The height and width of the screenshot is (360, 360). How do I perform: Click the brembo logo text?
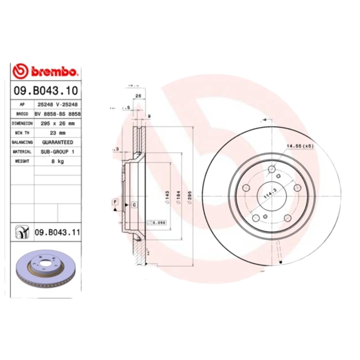[x=54, y=71]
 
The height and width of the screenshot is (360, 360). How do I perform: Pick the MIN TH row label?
[x=22, y=133]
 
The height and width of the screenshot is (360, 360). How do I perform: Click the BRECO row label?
[x=22, y=114]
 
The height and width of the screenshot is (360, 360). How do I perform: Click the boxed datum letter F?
[x=115, y=201]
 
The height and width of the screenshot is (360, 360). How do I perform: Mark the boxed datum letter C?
[x=134, y=205]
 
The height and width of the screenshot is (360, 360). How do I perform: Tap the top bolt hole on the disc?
[x=271, y=169]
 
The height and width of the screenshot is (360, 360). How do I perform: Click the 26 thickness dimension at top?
[x=139, y=96]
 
